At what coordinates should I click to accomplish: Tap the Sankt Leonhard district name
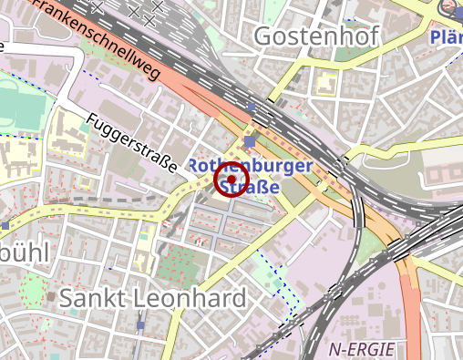[152, 298]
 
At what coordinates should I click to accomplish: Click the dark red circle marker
[231, 180]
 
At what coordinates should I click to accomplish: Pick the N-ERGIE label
[363, 348]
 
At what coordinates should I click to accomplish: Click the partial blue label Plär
[446, 37]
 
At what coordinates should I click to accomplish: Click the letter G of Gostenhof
[265, 36]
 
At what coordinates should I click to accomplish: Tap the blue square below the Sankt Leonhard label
[140, 324]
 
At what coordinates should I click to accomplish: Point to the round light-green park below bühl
[33, 290]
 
